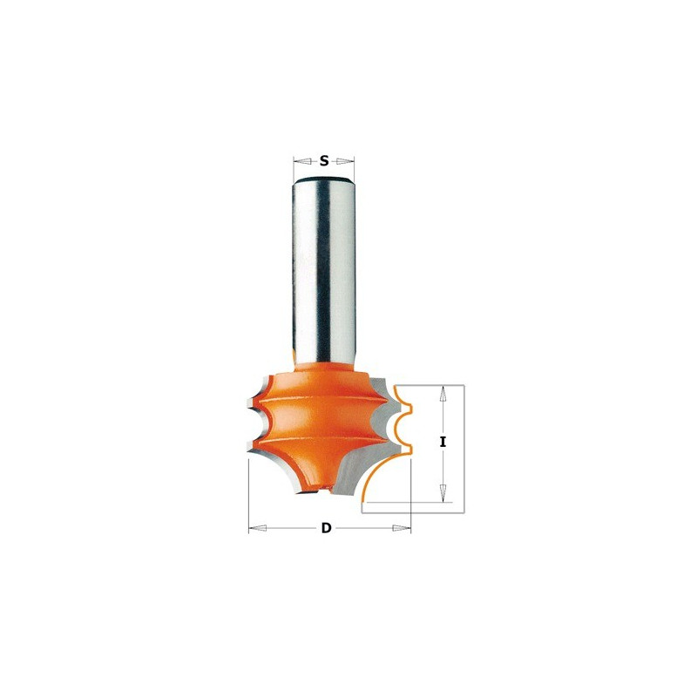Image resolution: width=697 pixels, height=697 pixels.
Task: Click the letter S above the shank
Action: click(x=324, y=161)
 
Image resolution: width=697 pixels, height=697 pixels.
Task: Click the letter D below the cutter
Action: click(x=326, y=528)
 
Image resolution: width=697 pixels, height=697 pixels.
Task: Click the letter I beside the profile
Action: click(x=443, y=443)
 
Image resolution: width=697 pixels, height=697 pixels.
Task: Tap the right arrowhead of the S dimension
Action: click(x=345, y=161)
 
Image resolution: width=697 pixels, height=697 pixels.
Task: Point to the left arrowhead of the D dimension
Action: click(x=257, y=528)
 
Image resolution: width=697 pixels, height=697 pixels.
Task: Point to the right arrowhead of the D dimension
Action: click(x=402, y=528)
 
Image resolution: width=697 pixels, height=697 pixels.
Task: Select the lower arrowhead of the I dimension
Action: click(x=443, y=492)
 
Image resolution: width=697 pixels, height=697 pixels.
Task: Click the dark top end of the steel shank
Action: click(x=323, y=179)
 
